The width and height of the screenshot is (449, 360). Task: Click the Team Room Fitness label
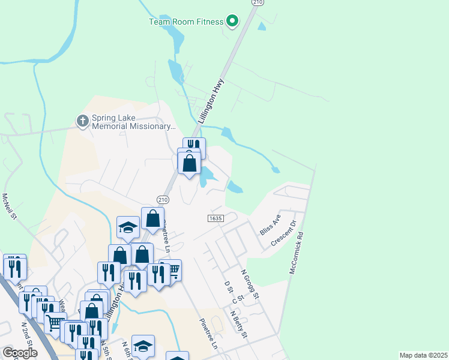(186, 22)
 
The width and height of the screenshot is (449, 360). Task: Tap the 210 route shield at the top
(258, 3)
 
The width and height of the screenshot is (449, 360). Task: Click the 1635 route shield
(216, 217)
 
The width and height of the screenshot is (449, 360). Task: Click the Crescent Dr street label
(285, 233)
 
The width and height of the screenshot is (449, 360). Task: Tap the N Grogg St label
(250, 284)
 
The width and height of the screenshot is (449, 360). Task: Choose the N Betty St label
(239, 323)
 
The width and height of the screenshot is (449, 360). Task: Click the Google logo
(20, 353)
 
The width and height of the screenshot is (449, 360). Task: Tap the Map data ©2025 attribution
(423, 355)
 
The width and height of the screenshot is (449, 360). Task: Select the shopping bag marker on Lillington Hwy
(189, 163)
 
